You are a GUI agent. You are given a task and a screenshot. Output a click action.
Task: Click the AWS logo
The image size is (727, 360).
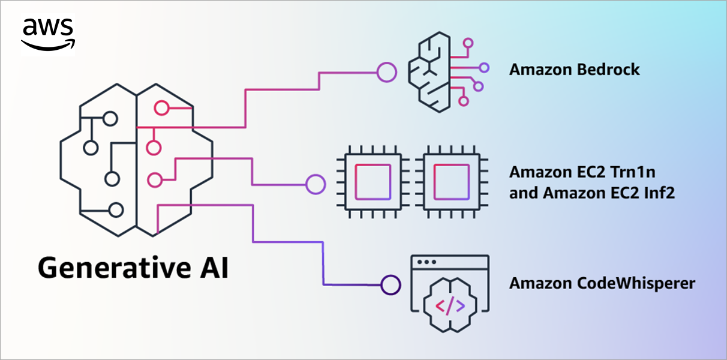click(48, 34)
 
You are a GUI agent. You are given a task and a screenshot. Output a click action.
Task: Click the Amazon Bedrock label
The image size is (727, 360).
click(574, 70)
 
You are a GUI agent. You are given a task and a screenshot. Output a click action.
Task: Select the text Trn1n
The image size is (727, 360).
click(634, 172)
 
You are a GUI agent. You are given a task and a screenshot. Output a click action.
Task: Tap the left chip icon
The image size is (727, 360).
click(373, 182)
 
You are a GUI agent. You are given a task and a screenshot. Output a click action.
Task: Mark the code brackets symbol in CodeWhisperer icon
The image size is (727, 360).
click(449, 307)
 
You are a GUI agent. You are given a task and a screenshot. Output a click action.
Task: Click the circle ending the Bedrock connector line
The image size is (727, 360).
click(386, 73)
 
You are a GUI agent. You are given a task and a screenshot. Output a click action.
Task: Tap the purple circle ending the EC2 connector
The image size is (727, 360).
click(316, 184)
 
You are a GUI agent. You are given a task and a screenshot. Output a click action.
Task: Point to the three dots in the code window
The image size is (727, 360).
click(426, 262)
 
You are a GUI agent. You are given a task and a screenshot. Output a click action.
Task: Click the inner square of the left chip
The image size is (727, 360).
click(373, 182)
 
